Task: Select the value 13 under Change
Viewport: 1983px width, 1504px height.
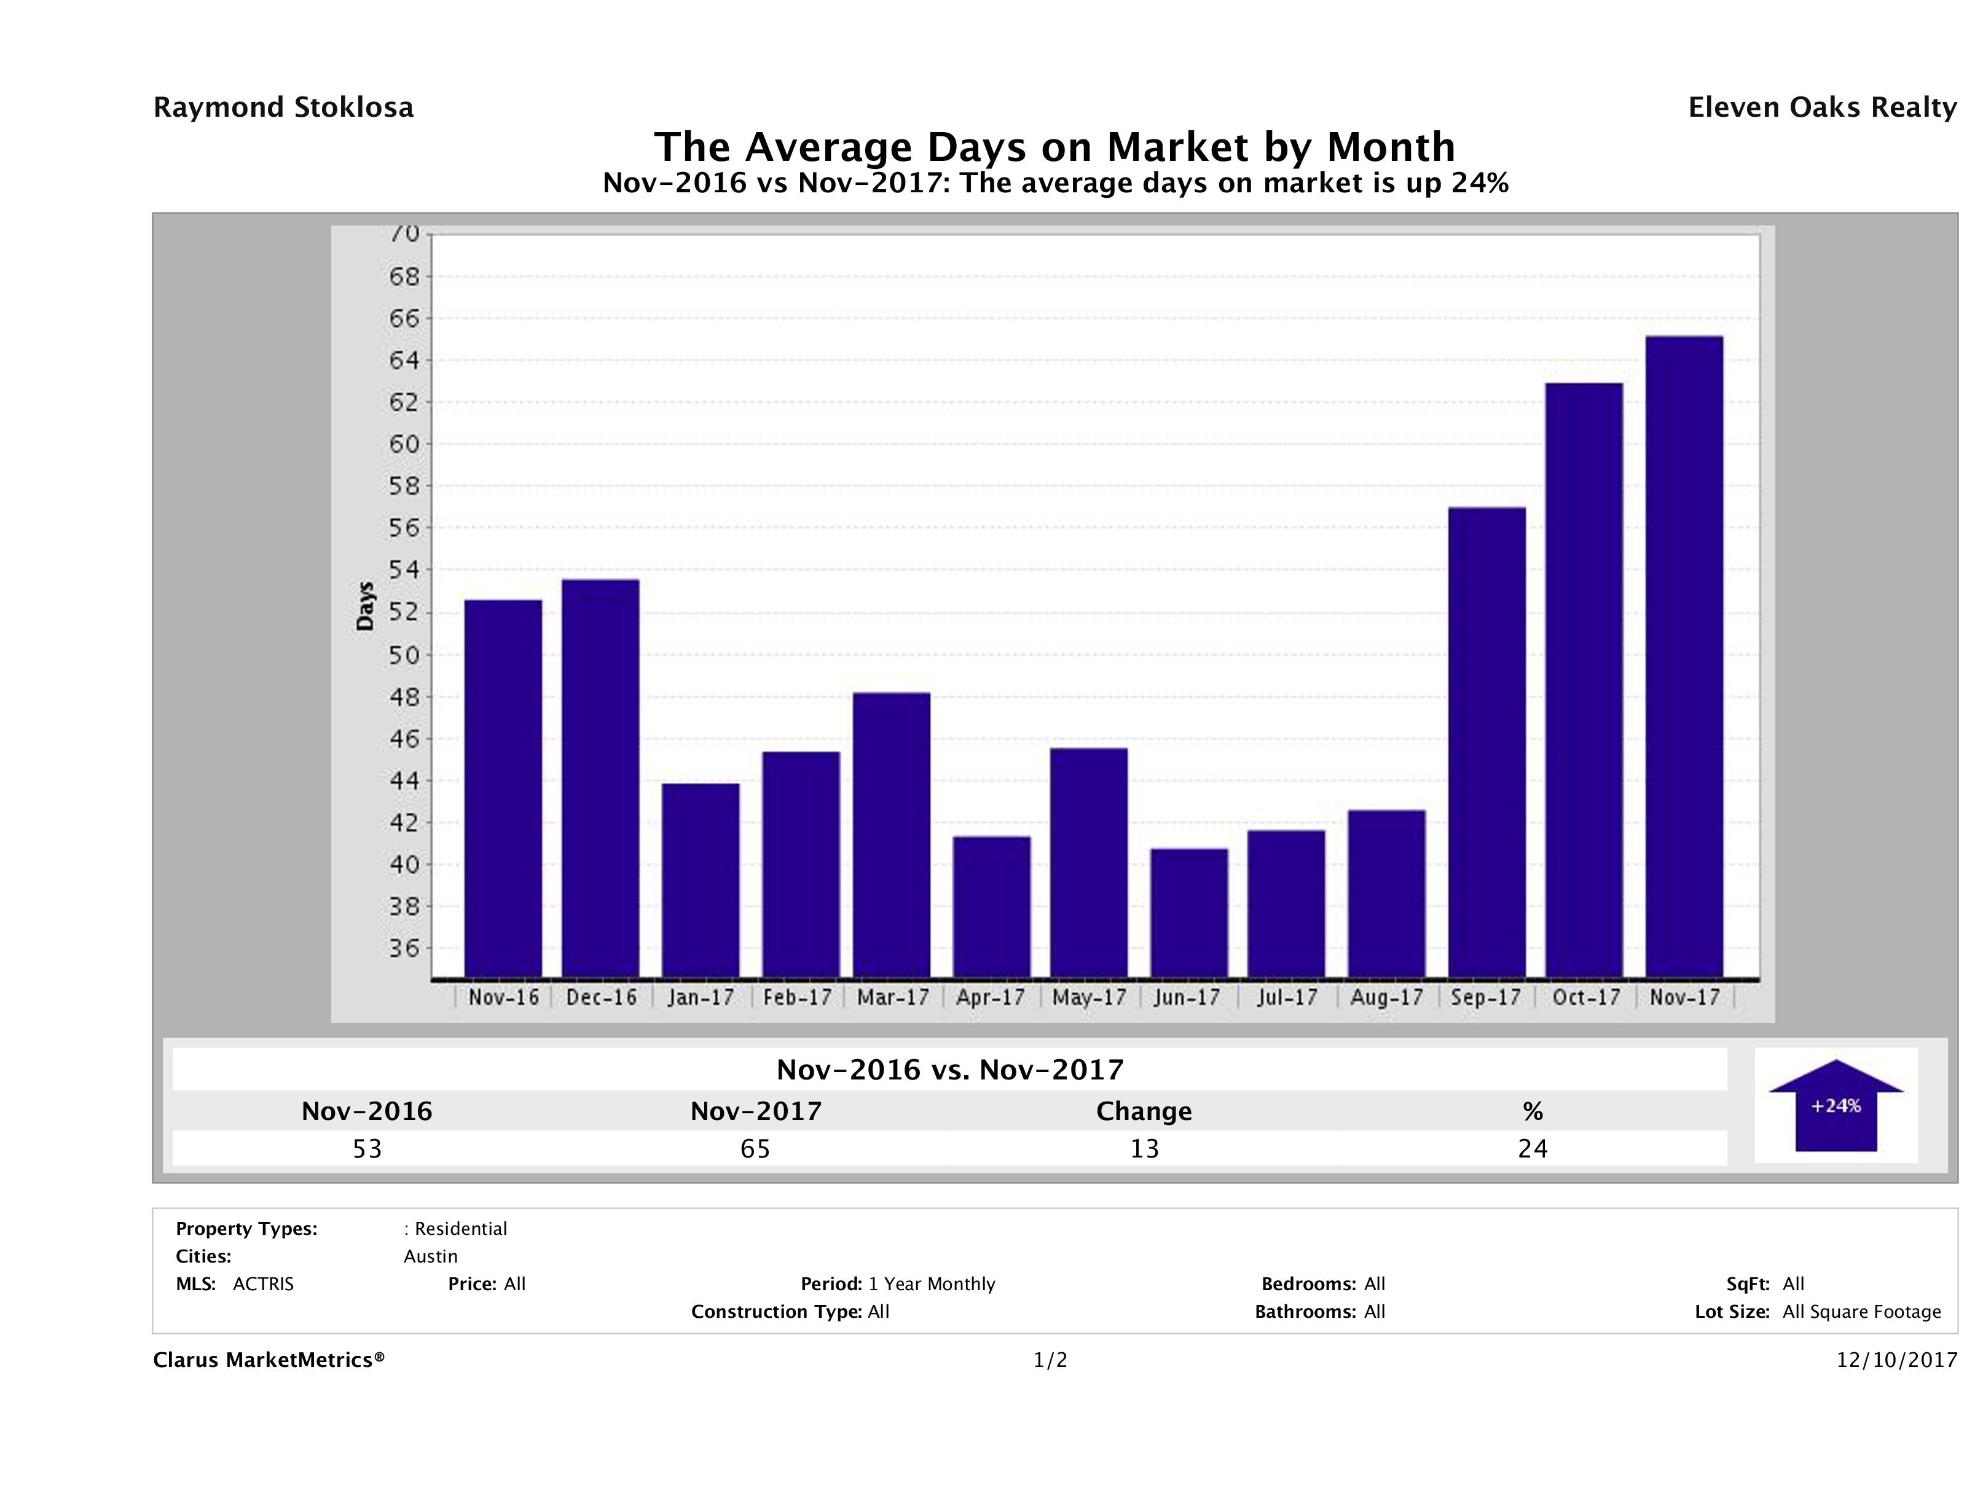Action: pyautogui.click(x=1144, y=1149)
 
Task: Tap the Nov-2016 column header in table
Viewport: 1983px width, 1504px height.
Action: pyautogui.click(x=367, y=1111)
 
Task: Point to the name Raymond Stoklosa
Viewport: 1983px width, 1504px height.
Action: pyautogui.click(x=283, y=108)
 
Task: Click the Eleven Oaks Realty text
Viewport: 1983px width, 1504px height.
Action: pyautogui.click(x=1821, y=108)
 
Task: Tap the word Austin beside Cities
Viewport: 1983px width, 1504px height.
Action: pyautogui.click(x=430, y=1256)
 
